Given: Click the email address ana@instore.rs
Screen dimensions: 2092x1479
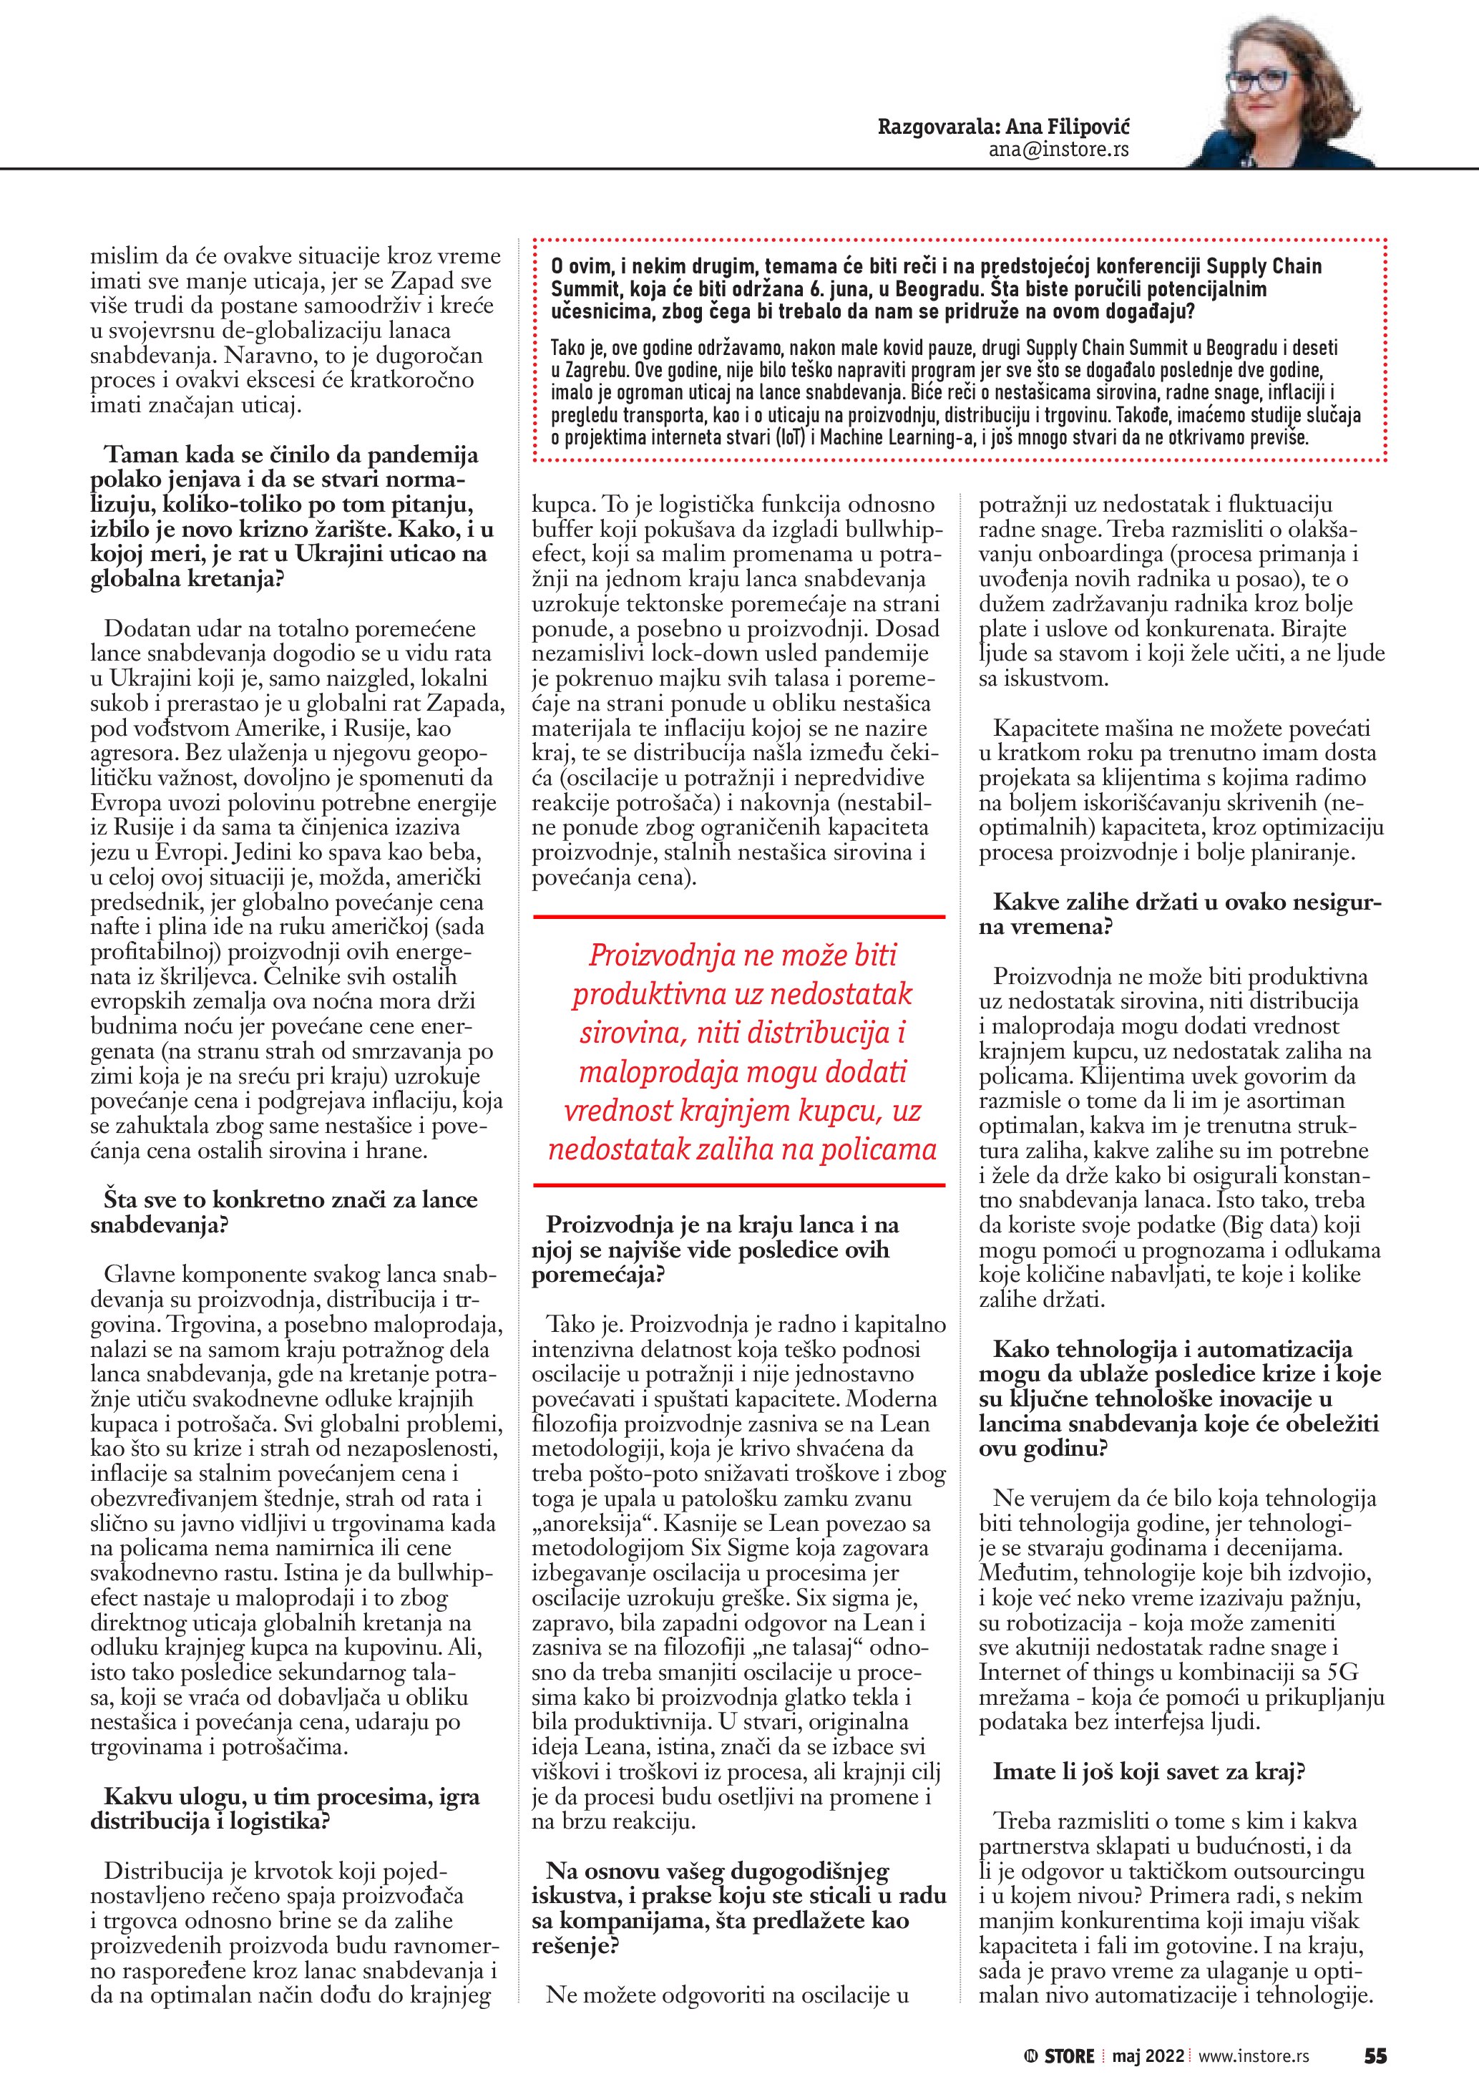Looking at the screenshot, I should (x=1058, y=150).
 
